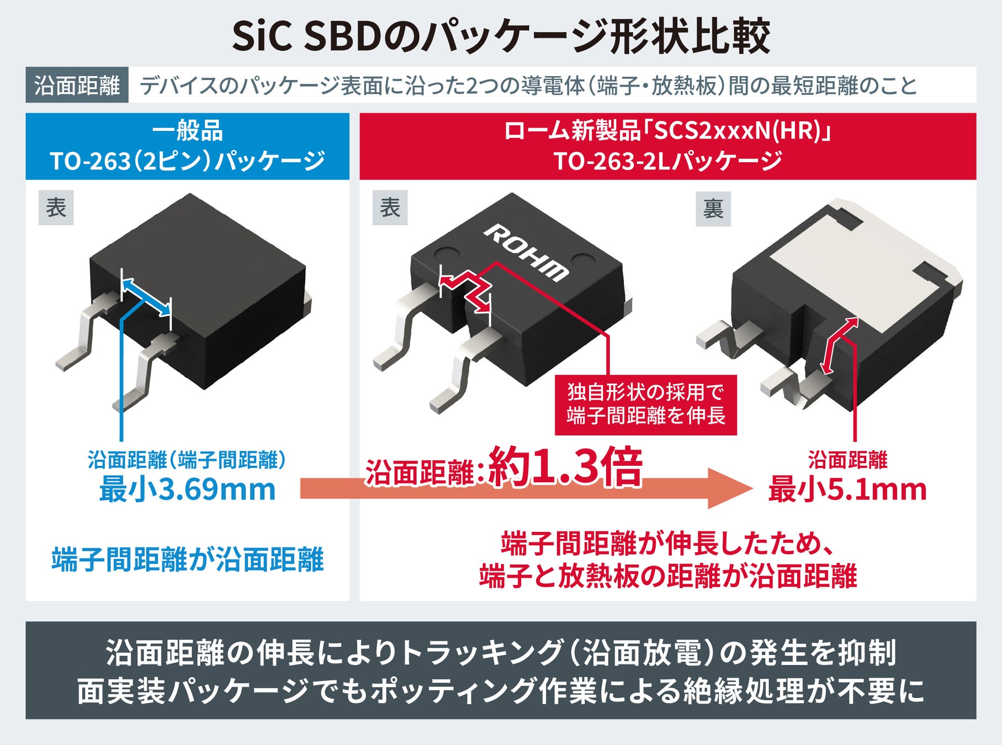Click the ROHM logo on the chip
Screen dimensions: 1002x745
tap(526, 253)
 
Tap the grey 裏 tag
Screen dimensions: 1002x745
tap(713, 209)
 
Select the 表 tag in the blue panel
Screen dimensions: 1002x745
tap(56, 208)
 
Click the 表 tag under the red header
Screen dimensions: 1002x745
tap(390, 208)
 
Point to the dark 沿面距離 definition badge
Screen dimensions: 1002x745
tap(77, 86)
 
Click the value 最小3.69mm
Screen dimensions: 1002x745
tap(187, 489)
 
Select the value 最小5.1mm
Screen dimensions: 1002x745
tap(847, 489)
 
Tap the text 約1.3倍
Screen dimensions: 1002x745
tap(565, 467)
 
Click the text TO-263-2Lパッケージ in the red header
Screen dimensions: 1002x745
tap(667, 162)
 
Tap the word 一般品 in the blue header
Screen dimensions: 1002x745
tap(187, 131)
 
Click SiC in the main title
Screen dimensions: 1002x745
tap(263, 36)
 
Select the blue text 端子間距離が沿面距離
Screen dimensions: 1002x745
tap(187, 560)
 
